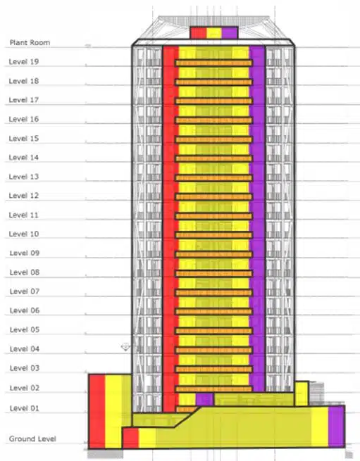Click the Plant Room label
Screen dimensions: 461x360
tap(29, 43)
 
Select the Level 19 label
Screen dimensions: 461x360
tap(24, 62)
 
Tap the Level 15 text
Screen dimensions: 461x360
tap(24, 139)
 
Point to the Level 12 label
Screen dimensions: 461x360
tap(24, 196)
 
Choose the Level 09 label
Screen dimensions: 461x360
tap(24, 253)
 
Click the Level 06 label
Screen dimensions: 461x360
tap(24, 310)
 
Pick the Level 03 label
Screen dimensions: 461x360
tap(24, 368)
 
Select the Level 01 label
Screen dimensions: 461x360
tap(24, 408)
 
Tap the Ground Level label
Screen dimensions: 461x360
tap(32, 439)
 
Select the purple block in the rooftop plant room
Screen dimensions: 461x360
tap(228, 33)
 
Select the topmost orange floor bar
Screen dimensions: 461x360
tap(213, 63)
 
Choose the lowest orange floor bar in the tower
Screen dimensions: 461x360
tap(213, 389)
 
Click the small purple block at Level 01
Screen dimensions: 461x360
tap(204, 400)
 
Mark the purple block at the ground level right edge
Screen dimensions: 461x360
tap(336, 427)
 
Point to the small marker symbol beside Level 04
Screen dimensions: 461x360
tap(126, 347)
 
